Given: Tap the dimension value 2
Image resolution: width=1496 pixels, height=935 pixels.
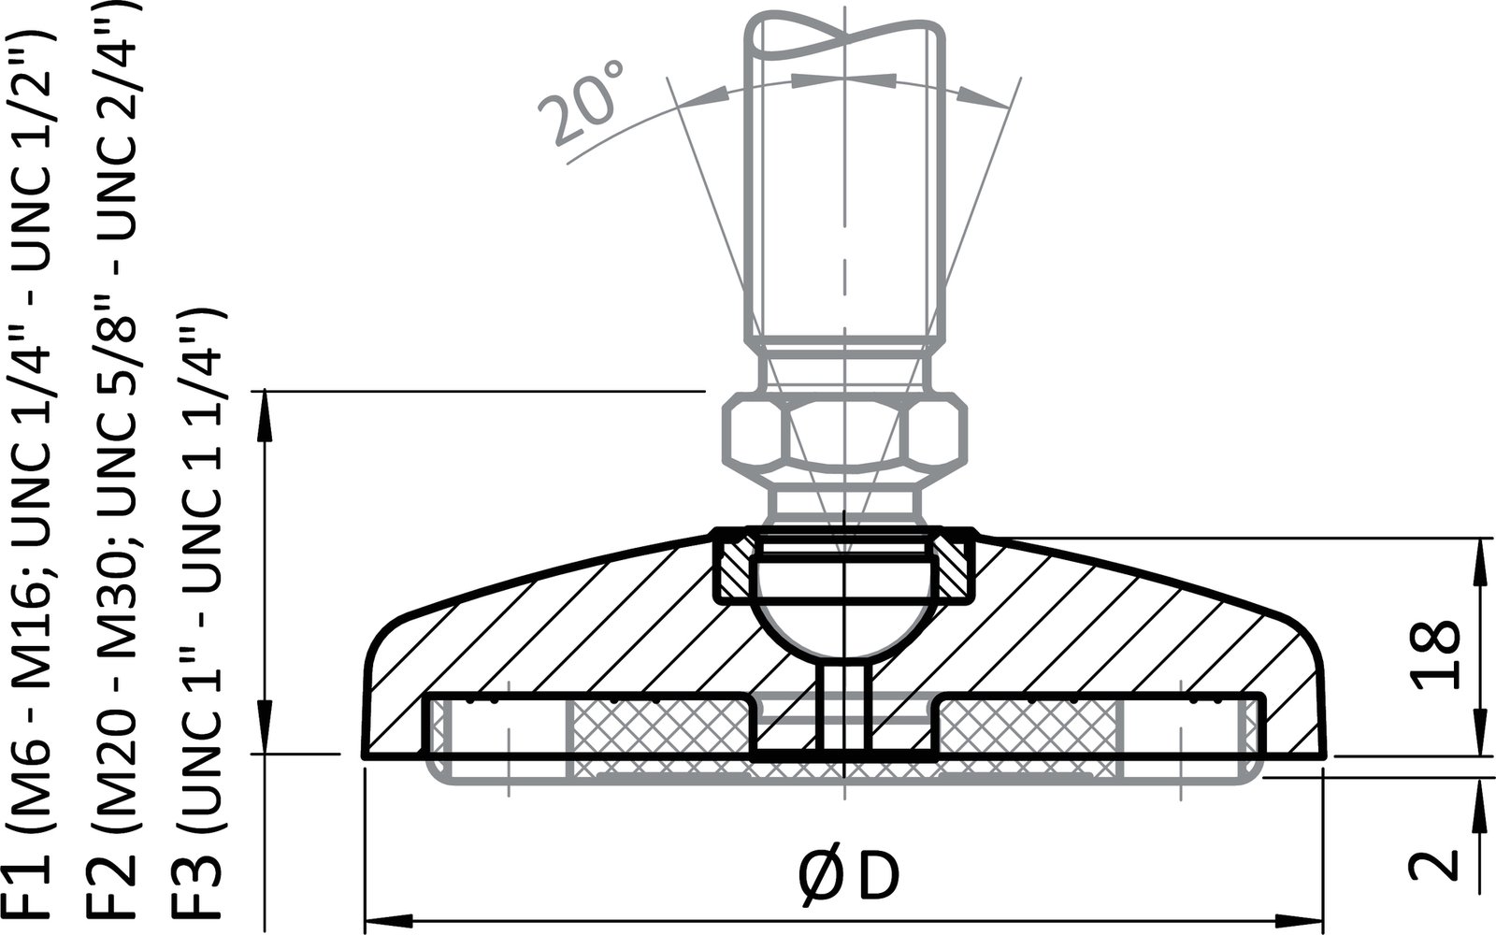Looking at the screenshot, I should click(x=1434, y=864).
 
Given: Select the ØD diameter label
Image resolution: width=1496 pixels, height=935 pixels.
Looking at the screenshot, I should click(x=849, y=876).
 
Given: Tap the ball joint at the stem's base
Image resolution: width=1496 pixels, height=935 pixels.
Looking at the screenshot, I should click(x=843, y=612).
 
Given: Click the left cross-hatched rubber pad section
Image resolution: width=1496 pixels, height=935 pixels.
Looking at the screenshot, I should click(x=658, y=739).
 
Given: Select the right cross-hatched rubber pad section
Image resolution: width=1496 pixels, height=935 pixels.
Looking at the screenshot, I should click(x=1028, y=739).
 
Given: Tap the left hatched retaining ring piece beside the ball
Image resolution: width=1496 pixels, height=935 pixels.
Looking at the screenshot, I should click(x=732, y=568).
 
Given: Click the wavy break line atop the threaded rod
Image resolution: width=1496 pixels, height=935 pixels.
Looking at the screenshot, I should click(x=843, y=37).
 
